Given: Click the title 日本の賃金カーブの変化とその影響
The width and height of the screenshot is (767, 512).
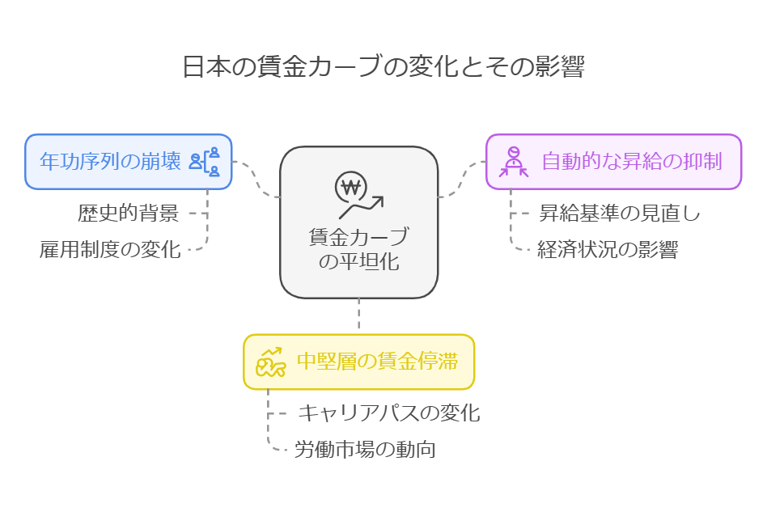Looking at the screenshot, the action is click(x=383, y=66).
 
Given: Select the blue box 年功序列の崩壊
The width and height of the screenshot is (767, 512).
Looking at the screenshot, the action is click(x=129, y=162).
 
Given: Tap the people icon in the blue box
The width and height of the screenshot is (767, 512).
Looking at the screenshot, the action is click(x=205, y=162).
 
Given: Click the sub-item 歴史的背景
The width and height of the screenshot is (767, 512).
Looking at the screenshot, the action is click(x=129, y=214).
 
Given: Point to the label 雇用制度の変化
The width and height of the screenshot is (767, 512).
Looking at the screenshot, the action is click(x=110, y=250).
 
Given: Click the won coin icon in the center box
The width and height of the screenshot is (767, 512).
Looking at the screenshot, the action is click(x=350, y=187).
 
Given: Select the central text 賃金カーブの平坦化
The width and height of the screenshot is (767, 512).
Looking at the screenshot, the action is click(x=359, y=249).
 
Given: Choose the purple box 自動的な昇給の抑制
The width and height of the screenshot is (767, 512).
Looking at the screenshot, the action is click(x=614, y=162).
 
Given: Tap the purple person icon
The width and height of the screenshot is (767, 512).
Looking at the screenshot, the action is click(x=514, y=162).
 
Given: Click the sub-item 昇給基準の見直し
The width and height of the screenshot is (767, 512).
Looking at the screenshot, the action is click(x=620, y=214).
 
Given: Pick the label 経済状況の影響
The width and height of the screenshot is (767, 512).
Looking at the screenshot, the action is click(x=608, y=250).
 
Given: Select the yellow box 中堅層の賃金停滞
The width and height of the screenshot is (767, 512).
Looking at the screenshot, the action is click(x=359, y=362).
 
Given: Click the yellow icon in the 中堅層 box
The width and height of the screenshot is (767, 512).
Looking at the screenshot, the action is click(x=270, y=362).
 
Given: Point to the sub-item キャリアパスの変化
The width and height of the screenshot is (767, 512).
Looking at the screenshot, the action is click(x=389, y=413).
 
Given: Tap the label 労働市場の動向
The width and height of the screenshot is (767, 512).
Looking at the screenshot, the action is click(x=365, y=450).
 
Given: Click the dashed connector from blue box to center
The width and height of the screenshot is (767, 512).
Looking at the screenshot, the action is click(x=256, y=179).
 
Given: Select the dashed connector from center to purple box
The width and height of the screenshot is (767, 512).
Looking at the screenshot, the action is click(x=462, y=179).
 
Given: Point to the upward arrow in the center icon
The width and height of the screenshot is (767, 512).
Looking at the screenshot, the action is click(x=362, y=207).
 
